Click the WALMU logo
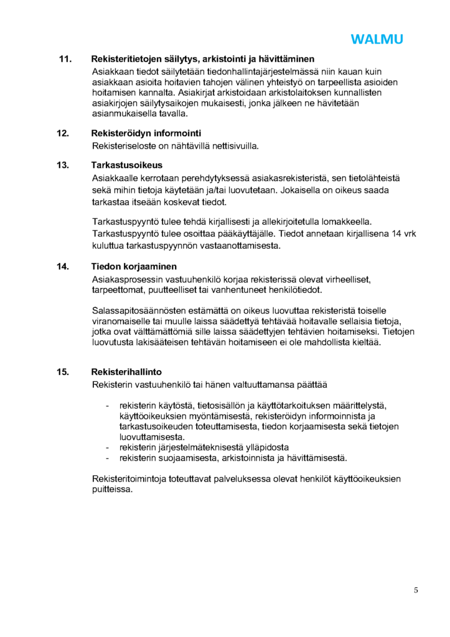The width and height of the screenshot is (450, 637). coord(377,39)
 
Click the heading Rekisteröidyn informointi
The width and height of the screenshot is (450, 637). coord(146,133)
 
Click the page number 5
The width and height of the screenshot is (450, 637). coord(416,590)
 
